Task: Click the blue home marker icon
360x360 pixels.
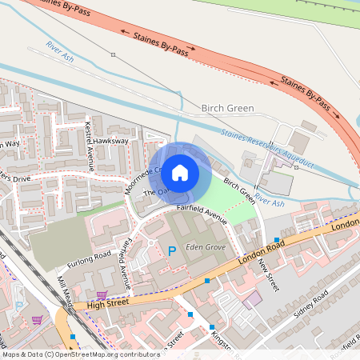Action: [180, 172]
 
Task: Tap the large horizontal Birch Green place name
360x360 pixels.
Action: [227, 108]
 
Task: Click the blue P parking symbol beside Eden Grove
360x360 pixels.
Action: [171, 251]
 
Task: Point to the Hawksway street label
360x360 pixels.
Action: [110, 141]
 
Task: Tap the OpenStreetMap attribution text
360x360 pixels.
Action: [70, 354]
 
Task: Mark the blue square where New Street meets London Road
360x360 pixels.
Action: [277, 240]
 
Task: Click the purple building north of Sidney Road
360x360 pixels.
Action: [253, 300]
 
